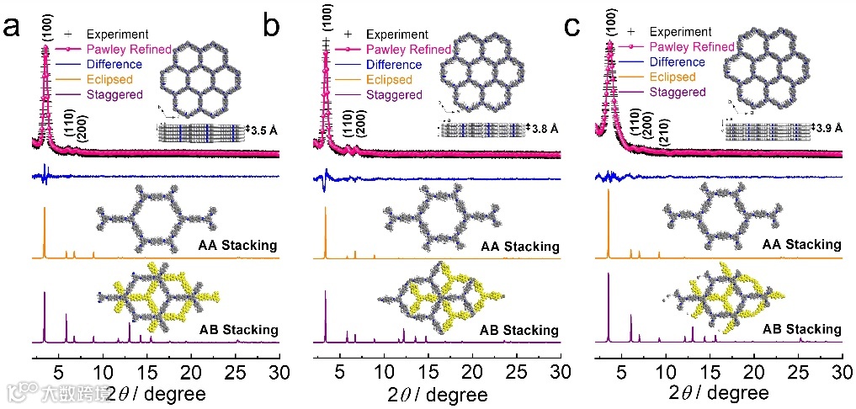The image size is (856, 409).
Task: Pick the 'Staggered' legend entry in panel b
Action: coord(394,95)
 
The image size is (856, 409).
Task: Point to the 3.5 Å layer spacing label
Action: coord(264,130)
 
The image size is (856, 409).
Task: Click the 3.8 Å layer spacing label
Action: coord(544,129)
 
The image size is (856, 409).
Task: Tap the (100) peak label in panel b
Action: coord(326,19)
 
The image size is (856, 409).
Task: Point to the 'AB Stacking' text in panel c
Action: coord(801,328)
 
